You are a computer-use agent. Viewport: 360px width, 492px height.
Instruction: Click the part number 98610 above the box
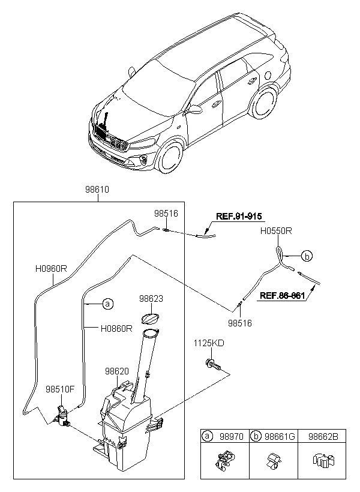(97, 190)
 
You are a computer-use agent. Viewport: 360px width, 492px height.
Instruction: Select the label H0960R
(51, 269)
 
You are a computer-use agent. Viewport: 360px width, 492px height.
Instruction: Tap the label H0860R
(116, 329)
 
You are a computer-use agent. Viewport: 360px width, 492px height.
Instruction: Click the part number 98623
(151, 298)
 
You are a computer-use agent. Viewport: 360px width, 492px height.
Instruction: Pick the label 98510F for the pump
(60, 389)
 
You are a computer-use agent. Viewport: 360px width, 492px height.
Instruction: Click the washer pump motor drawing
(62, 416)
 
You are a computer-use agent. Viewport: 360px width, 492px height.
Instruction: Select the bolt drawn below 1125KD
(212, 365)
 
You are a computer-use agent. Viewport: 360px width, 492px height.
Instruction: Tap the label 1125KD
(209, 343)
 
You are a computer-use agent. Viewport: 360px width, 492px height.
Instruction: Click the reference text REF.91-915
(239, 216)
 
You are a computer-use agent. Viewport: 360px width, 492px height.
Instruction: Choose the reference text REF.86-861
(282, 296)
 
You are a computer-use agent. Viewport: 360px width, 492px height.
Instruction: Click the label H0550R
(276, 231)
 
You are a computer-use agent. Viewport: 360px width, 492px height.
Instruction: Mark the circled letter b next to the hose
(307, 256)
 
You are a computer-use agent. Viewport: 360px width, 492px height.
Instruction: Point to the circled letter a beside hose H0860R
(107, 304)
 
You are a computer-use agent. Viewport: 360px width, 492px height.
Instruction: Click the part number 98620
(117, 371)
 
